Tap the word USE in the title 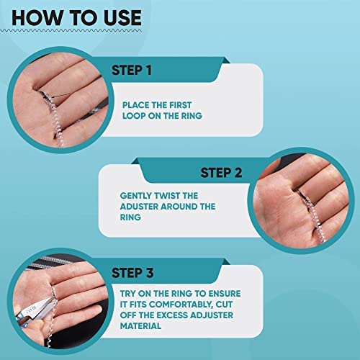[115, 17]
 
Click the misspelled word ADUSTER [142, 207]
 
